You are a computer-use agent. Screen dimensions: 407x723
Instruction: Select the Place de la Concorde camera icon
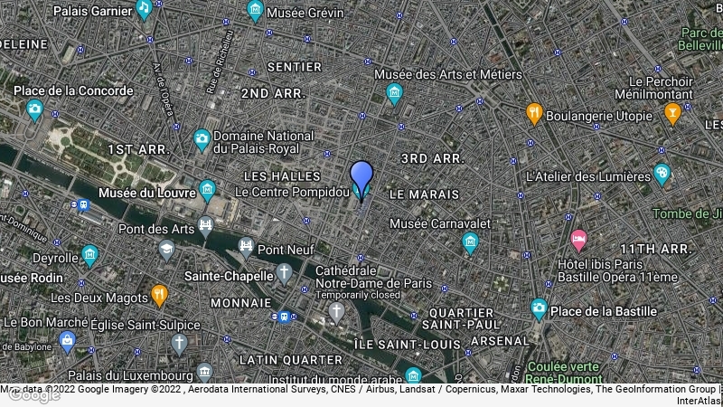tap(35, 111)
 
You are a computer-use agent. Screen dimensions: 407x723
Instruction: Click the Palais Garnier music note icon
tap(145, 9)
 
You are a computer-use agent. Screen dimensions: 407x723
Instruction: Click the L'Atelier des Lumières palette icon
tap(662, 173)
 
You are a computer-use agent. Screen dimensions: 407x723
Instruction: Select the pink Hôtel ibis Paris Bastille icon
tap(578, 241)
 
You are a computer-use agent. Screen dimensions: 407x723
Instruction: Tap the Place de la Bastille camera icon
tap(539, 309)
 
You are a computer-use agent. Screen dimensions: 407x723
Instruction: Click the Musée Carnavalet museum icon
tap(470, 242)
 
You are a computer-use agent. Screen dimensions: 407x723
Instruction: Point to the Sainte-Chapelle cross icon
tap(285, 273)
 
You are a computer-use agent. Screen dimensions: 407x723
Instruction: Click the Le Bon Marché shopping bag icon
tap(66, 340)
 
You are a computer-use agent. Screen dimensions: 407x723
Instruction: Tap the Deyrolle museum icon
tap(89, 255)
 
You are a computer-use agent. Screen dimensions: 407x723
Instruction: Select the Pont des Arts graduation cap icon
tap(166, 248)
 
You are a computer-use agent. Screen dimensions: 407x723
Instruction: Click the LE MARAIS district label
tap(425, 194)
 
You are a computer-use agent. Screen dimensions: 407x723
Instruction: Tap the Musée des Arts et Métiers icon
tap(394, 93)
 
